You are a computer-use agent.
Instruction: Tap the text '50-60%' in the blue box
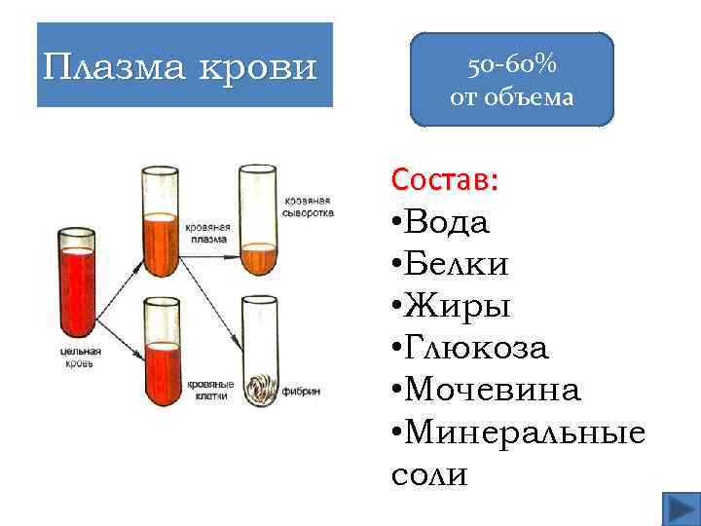[511, 66]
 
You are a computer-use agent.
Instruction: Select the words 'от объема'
[511, 97]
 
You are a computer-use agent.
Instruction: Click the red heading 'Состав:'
[445, 180]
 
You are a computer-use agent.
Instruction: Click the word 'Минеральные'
[526, 432]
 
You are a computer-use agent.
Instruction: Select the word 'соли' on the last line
[428, 473]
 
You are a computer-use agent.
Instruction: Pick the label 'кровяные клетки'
[208, 391]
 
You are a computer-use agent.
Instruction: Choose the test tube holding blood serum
[259, 224]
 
